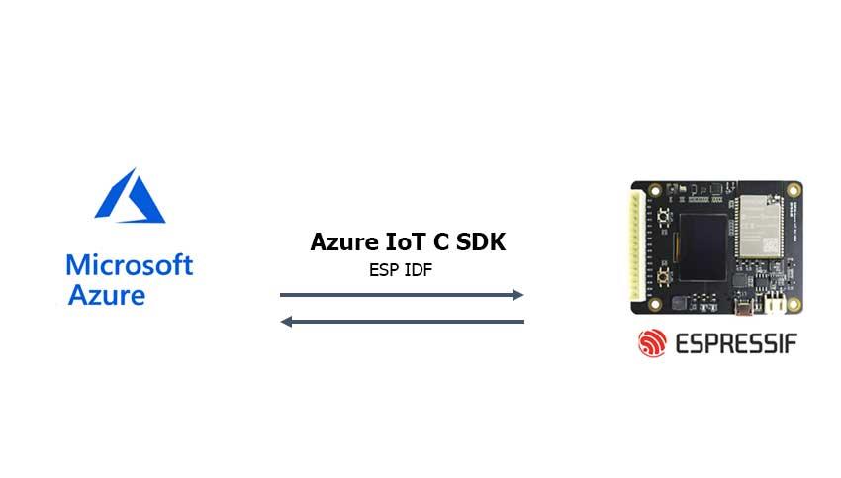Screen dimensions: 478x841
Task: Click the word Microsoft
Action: click(130, 264)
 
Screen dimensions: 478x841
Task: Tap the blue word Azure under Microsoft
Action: click(107, 294)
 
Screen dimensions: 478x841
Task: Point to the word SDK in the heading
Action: click(482, 241)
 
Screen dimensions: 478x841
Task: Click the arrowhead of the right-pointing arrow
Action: click(517, 294)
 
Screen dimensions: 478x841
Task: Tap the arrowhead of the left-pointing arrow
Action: click(287, 321)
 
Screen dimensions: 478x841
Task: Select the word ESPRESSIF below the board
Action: click(736, 343)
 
